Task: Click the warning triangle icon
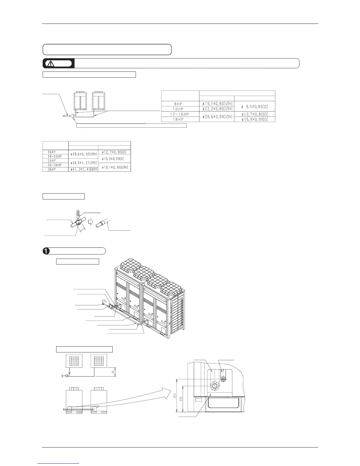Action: (x=51, y=63)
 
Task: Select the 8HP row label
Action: (x=179, y=104)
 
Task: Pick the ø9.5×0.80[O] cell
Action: (x=254, y=106)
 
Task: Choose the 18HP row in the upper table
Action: (x=179, y=119)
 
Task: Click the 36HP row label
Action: (x=52, y=169)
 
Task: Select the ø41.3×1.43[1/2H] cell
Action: (x=83, y=169)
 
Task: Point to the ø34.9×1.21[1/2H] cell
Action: (x=83, y=163)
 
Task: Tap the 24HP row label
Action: (x=52, y=161)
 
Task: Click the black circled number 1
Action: (x=46, y=251)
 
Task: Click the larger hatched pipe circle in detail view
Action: (x=214, y=386)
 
